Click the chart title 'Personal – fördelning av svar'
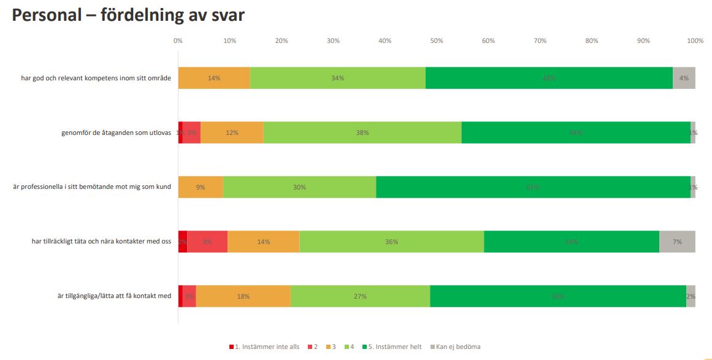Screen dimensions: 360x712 (128, 16)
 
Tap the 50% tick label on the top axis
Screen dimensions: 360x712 (436, 41)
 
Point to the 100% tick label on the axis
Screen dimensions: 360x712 (695, 41)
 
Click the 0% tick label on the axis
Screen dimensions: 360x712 (178, 41)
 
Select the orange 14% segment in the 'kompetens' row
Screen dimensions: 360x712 (214, 78)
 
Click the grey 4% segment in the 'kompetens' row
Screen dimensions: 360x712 (684, 78)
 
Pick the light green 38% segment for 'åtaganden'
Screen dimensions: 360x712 (362, 132)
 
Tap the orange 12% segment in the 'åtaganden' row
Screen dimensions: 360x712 (232, 132)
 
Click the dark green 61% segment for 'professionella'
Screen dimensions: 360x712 (533, 187)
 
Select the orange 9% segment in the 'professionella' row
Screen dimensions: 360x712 (201, 187)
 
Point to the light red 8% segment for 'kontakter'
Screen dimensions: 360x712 (207, 242)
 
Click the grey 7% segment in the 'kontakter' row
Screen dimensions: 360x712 (677, 242)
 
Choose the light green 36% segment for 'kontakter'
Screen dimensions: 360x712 (391, 242)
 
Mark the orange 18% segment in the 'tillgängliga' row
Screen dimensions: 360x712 (243, 296)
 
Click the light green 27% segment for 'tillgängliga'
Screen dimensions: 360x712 (360, 296)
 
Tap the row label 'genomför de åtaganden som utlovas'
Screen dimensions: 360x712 (112, 132)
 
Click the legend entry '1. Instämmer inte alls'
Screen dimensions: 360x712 (264, 347)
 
